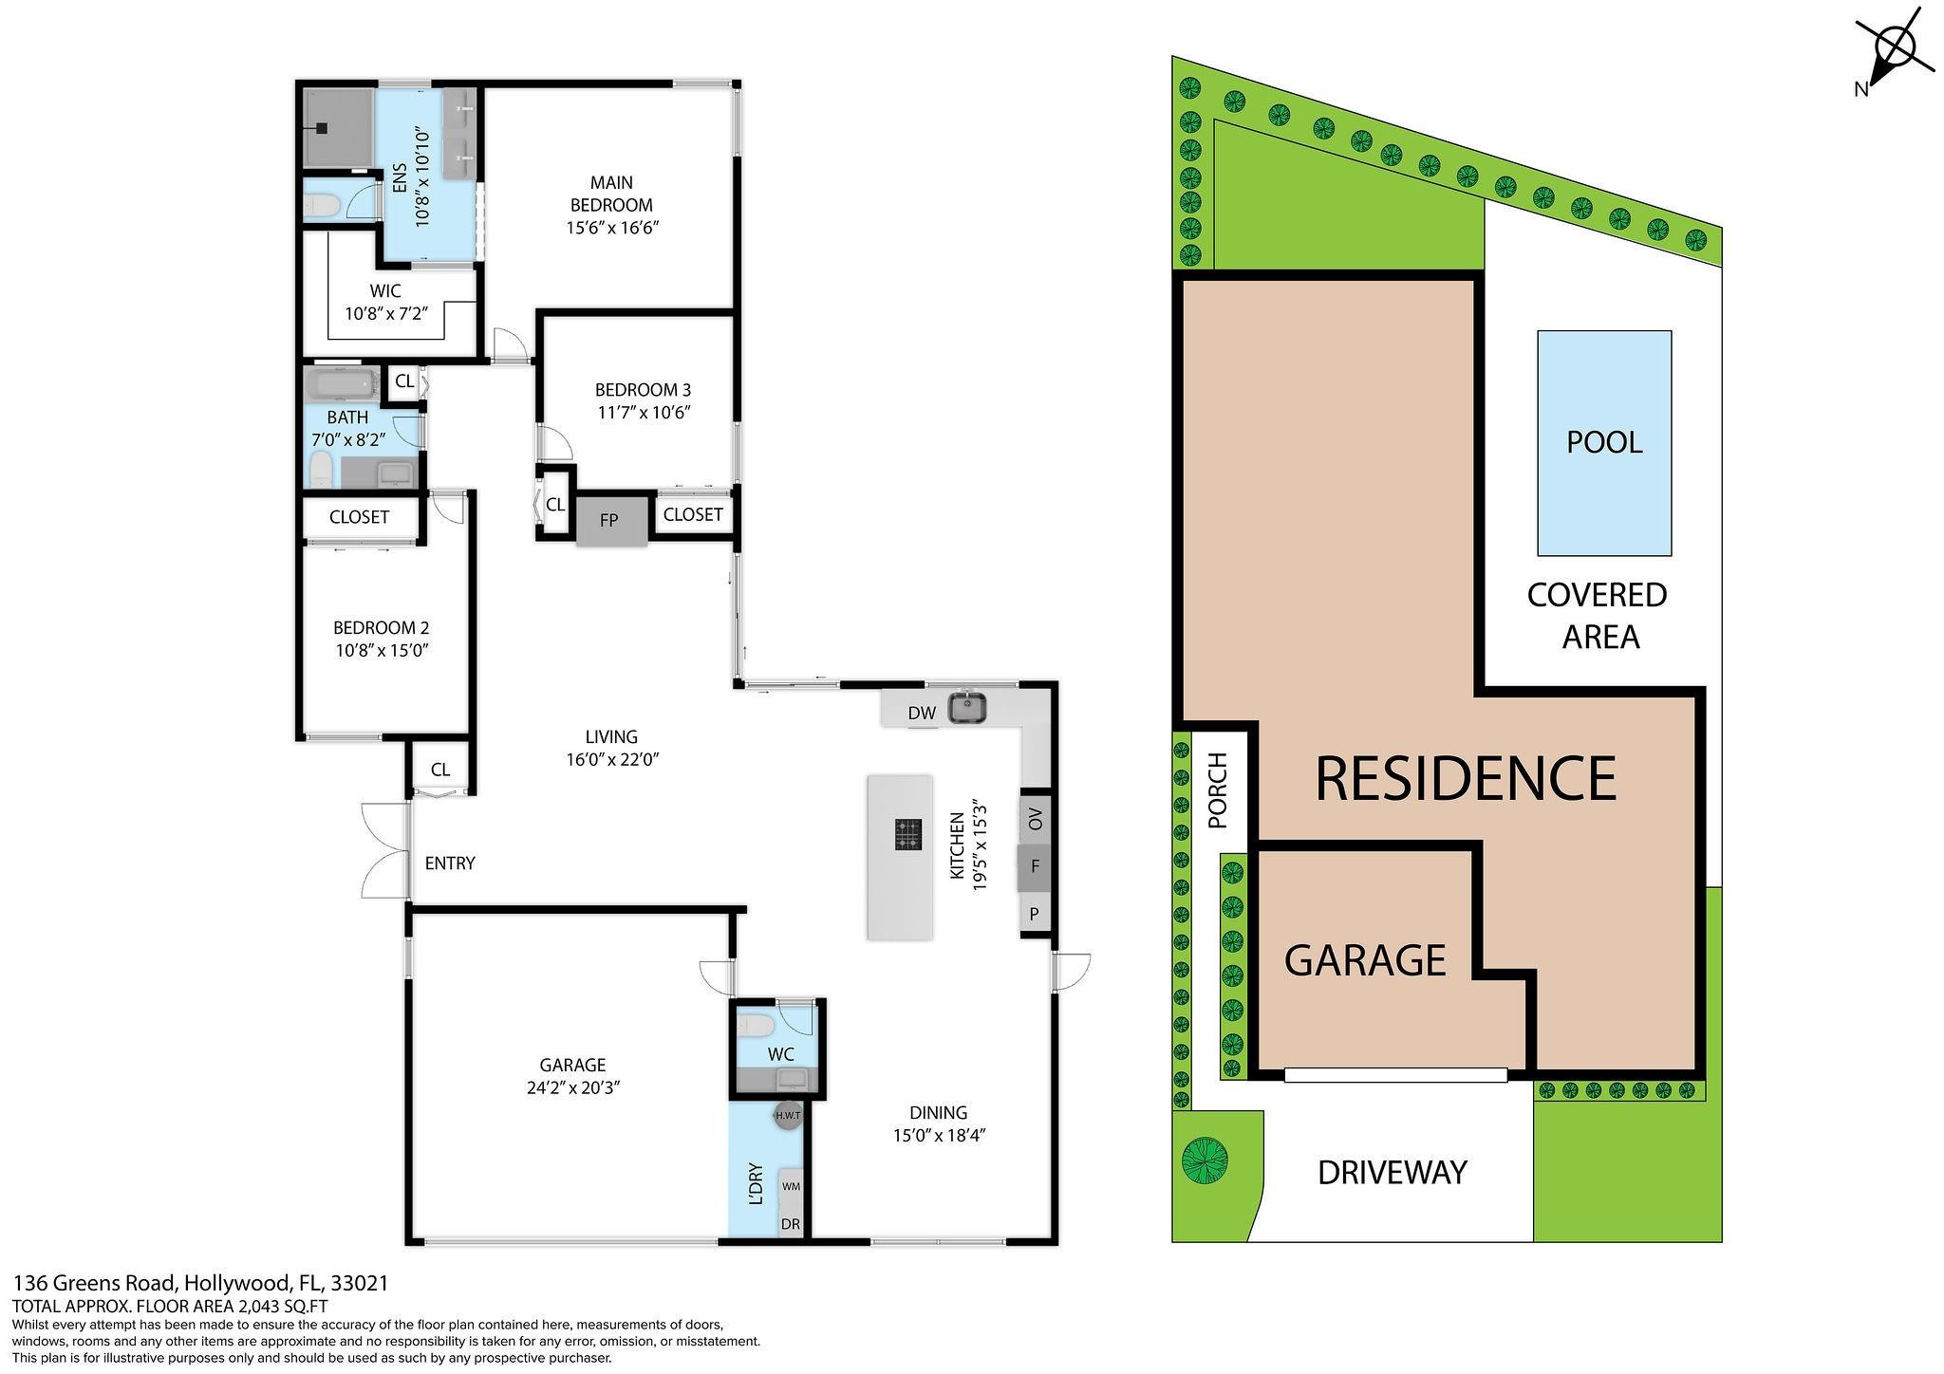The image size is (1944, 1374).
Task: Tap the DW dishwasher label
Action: click(921, 714)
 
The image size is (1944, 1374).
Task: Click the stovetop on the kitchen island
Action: click(907, 834)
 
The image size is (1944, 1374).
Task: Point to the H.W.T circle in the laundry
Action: click(788, 1115)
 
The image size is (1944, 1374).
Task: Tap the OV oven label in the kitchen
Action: click(1036, 819)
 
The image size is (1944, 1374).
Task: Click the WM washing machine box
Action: click(791, 1186)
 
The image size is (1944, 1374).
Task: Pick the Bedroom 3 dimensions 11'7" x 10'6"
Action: click(643, 413)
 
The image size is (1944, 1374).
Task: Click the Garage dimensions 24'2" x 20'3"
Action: click(572, 1088)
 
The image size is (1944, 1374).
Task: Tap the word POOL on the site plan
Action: click(1603, 442)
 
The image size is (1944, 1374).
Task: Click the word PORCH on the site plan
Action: click(1218, 790)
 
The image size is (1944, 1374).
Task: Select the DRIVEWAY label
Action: click(1392, 1173)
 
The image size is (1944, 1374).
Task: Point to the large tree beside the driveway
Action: click(1205, 1160)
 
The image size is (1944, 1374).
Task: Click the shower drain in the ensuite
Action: click(324, 127)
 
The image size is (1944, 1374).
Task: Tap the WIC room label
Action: click(385, 291)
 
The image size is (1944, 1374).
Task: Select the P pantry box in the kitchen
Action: click(1035, 915)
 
